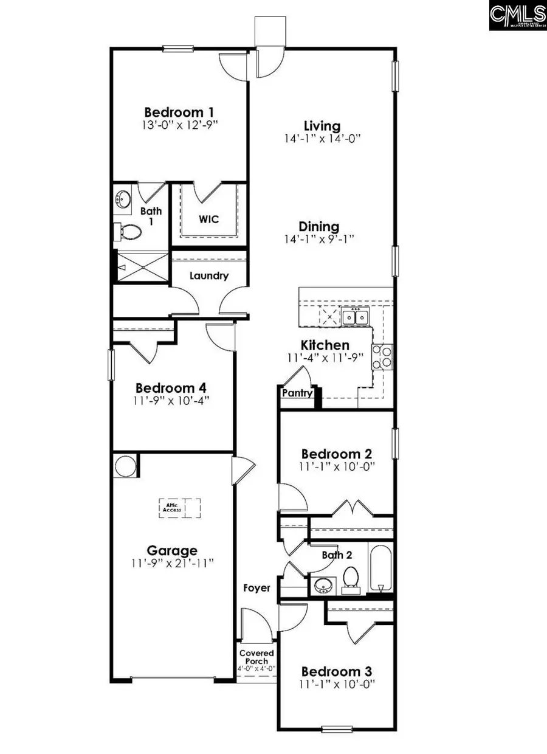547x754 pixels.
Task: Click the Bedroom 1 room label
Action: click(x=179, y=112)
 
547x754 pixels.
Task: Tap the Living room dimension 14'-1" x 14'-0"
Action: click(x=322, y=139)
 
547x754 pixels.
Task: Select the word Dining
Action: click(x=322, y=226)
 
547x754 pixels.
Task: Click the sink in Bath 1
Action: click(x=124, y=198)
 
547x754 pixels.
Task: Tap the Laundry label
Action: click(x=208, y=275)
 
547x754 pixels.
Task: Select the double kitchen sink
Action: click(x=355, y=317)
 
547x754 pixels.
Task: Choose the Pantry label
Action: click(x=297, y=393)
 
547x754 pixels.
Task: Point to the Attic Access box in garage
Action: click(x=180, y=507)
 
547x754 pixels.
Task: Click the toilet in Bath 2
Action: click(x=351, y=578)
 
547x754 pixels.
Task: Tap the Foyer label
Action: click(x=256, y=588)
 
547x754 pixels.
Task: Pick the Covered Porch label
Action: click(x=256, y=657)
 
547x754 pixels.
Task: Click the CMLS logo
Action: click(x=517, y=16)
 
